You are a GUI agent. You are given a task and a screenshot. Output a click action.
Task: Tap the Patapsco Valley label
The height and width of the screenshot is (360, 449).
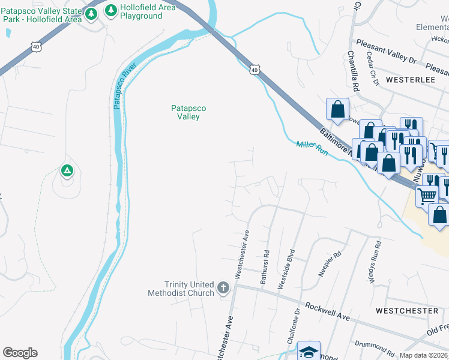[x=188, y=112]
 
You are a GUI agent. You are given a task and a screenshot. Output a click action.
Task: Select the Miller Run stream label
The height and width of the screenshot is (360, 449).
[x=312, y=148]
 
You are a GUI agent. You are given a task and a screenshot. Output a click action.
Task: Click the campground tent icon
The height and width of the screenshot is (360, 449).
[x=67, y=171]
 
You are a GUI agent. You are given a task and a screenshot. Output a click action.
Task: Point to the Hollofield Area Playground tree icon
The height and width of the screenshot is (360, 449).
[x=111, y=11]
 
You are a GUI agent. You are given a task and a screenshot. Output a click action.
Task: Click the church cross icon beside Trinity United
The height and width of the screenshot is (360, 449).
[x=223, y=288]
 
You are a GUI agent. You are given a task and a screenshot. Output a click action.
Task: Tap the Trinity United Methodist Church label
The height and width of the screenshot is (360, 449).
[x=181, y=289]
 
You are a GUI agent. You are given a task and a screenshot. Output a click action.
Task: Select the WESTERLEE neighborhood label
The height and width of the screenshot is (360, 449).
[x=411, y=79]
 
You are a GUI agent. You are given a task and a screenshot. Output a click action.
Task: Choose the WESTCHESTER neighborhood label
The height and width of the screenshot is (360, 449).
[x=407, y=310]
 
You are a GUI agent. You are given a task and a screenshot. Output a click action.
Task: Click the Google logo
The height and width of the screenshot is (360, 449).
[x=20, y=353]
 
